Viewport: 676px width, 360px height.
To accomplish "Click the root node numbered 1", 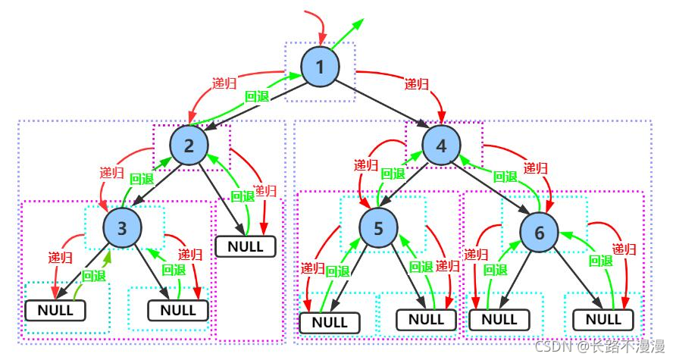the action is tap(320, 67).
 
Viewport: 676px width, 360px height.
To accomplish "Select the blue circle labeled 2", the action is tap(189, 146).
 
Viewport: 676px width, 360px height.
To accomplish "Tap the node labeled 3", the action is tap(122, 227).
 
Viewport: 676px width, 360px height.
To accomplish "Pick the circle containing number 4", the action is tap(441, 146).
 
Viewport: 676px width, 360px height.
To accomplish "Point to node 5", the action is tap(378, 228).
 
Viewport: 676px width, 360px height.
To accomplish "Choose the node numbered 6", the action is tap(539, 233).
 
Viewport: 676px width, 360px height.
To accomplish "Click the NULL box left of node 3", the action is tap(55, 310).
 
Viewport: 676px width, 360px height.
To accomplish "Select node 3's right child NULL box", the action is tap(177, 310).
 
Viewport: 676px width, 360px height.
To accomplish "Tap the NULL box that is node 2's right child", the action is tap(246, 246).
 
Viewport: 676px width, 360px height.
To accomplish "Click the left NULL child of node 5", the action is tap(330, 323).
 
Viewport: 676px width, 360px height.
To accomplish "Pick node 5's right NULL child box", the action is tap(426, 320).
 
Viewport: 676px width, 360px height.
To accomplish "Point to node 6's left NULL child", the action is tap(499, 320).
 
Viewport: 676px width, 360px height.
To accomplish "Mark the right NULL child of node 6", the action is tap(603, 320).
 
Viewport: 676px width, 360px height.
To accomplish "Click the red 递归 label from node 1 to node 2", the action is tap(224, 83).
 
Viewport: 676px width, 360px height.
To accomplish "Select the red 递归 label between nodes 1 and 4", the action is tap(417, 83).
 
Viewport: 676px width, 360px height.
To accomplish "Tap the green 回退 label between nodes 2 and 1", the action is tap(257, 96).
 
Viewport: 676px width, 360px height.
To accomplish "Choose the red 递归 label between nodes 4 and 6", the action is tap(536, 168).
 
